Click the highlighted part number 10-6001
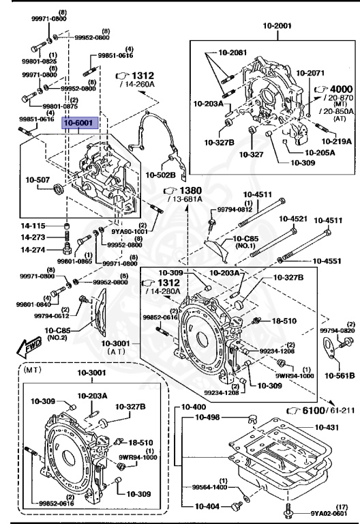[x=80, y=122]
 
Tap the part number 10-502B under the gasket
[x=160, y=175]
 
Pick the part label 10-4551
[x=329, y=260]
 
